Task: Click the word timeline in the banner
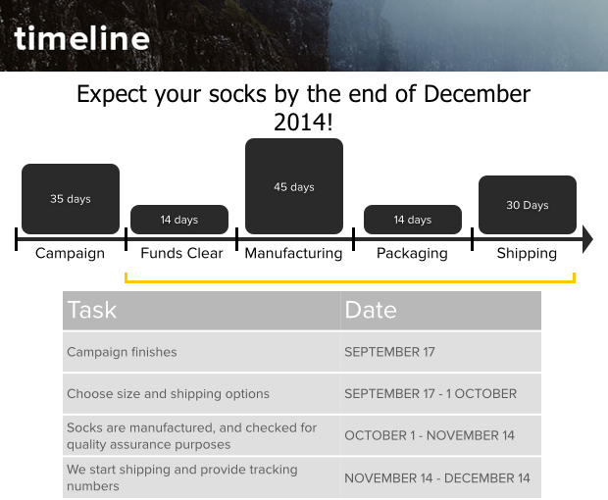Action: click(81, 38)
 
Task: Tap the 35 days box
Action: click(71, 199)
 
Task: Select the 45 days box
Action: click(294, 186)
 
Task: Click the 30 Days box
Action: click(528, 205)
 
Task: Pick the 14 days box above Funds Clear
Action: click(179, 220)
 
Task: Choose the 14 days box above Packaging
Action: click(413, 220)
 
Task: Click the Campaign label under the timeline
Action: click(70, 254)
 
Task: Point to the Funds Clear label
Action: click(181, 253)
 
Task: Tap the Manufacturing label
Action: click(293, 254)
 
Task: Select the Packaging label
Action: click(412, 254)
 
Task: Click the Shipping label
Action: click(527, 254)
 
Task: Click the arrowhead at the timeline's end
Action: click(587, 239)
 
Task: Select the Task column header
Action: click(202, 311)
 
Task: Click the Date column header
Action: click(441, 311)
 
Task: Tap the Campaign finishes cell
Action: click(202, 352)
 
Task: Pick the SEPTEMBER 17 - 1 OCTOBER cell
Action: click(441, 394)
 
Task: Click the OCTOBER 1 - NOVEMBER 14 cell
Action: click(441, 435)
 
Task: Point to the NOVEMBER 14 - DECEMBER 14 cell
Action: click(441, 477)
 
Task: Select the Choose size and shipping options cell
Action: click(202, 394)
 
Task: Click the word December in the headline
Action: click(477, 94)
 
